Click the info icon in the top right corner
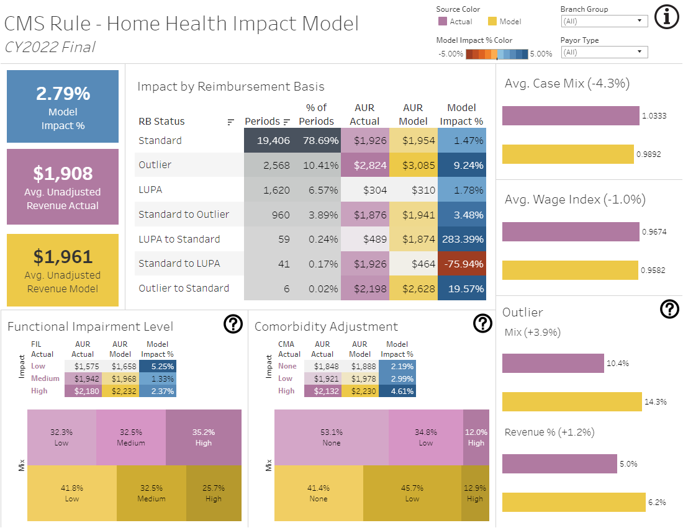coord(667,17)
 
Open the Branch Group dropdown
coord(604,21)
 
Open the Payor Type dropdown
coord(604,52)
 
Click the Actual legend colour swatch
coord(442,21)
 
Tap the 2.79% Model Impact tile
coord(63,107)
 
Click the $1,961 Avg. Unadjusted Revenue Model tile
coord(63,270)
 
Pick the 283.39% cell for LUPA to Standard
coord(462,239)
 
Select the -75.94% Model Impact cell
coord(462,264)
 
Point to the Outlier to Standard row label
coord(184,288)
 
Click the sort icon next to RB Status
coord(231,122)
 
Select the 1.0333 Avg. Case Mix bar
coord(571,115)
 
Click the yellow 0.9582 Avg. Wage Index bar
coord(570,270)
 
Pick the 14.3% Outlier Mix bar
coord(572,401)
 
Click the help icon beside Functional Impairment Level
coord(232,324)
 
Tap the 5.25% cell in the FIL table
coord(161,366)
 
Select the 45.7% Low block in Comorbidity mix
coord(412,493)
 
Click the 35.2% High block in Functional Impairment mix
coord(203,437)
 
